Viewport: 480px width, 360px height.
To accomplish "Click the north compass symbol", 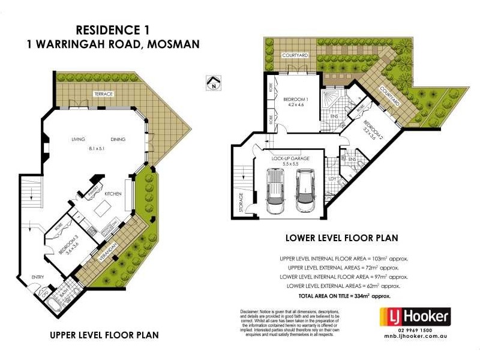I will point(212,82).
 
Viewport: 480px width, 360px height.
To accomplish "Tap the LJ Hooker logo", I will point(413,316).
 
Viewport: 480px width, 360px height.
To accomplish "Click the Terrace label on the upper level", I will point(103,94).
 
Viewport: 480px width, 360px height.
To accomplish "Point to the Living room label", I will point(79,139).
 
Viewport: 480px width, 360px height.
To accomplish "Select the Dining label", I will point(118,139).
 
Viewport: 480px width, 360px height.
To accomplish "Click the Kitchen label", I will point(113,194).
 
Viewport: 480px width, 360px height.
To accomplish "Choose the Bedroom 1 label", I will point(295,98).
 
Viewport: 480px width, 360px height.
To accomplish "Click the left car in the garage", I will point(275,191).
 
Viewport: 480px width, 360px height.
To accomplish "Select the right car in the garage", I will point(306,190).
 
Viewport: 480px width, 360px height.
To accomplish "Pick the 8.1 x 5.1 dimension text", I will point(98,149).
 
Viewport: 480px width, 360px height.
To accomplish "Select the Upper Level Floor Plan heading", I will point(104,334).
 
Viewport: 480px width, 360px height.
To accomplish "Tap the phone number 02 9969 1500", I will point(413,331).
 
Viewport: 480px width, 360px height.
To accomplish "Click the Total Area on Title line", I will point(344,296).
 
